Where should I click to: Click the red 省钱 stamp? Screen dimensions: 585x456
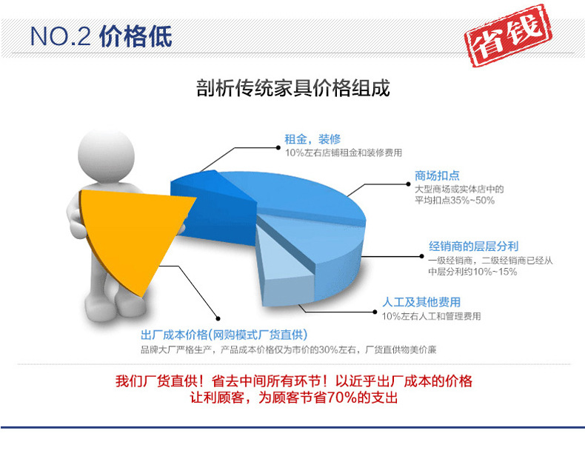pos(508,35)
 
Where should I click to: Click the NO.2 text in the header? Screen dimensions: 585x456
pos(60,36)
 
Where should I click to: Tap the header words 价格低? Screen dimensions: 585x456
pos(136,36)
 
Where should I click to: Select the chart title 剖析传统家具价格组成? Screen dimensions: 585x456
pos(293,88)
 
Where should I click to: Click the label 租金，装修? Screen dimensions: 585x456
pos(312,139)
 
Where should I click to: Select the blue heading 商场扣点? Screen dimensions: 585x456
pos(437,175)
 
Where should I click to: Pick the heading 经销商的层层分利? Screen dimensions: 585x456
pos(473,246)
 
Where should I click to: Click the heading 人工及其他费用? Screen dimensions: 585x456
pos(421,301)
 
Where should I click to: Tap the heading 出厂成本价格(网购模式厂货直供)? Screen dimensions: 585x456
pos(224,335)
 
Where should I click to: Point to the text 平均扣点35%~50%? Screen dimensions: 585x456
pos(455,200)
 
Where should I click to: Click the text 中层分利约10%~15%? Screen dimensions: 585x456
pos(472,272)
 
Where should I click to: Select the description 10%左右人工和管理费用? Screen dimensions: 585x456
pos(431,316)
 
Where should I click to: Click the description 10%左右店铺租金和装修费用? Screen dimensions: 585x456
pos(344,152)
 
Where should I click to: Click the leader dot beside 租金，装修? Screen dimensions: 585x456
pos(278,147)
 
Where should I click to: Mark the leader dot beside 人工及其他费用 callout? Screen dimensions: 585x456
pos(375,312)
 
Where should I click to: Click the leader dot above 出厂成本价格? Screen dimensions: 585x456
pos(218,318)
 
